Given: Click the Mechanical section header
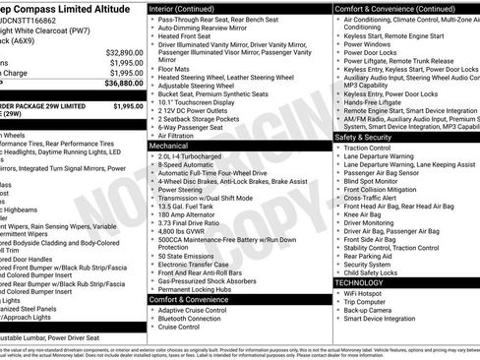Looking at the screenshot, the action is point(169,145).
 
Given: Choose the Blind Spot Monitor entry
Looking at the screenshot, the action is point(374,180).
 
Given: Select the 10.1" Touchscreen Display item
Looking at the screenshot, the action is point(200,99).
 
